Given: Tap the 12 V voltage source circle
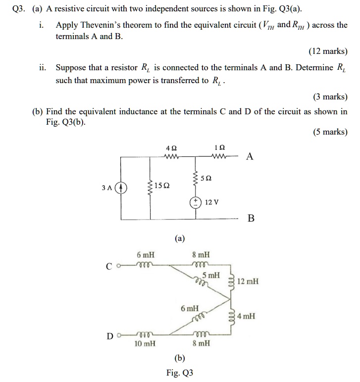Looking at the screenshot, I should [x=197, y=202].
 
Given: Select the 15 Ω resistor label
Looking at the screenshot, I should [x=162, y=186].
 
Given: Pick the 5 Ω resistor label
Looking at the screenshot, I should [x=207, y=177].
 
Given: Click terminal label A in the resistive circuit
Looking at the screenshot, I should [x=250, y=157].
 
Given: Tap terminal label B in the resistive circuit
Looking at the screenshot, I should [x=251, y=218].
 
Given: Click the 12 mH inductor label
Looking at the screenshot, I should [x=248, y=282].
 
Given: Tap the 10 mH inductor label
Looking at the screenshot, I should [x=145, y=343].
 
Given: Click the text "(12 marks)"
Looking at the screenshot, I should [x=328, y=51].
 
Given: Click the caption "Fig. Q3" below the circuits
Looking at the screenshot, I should [x=180, y=373].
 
